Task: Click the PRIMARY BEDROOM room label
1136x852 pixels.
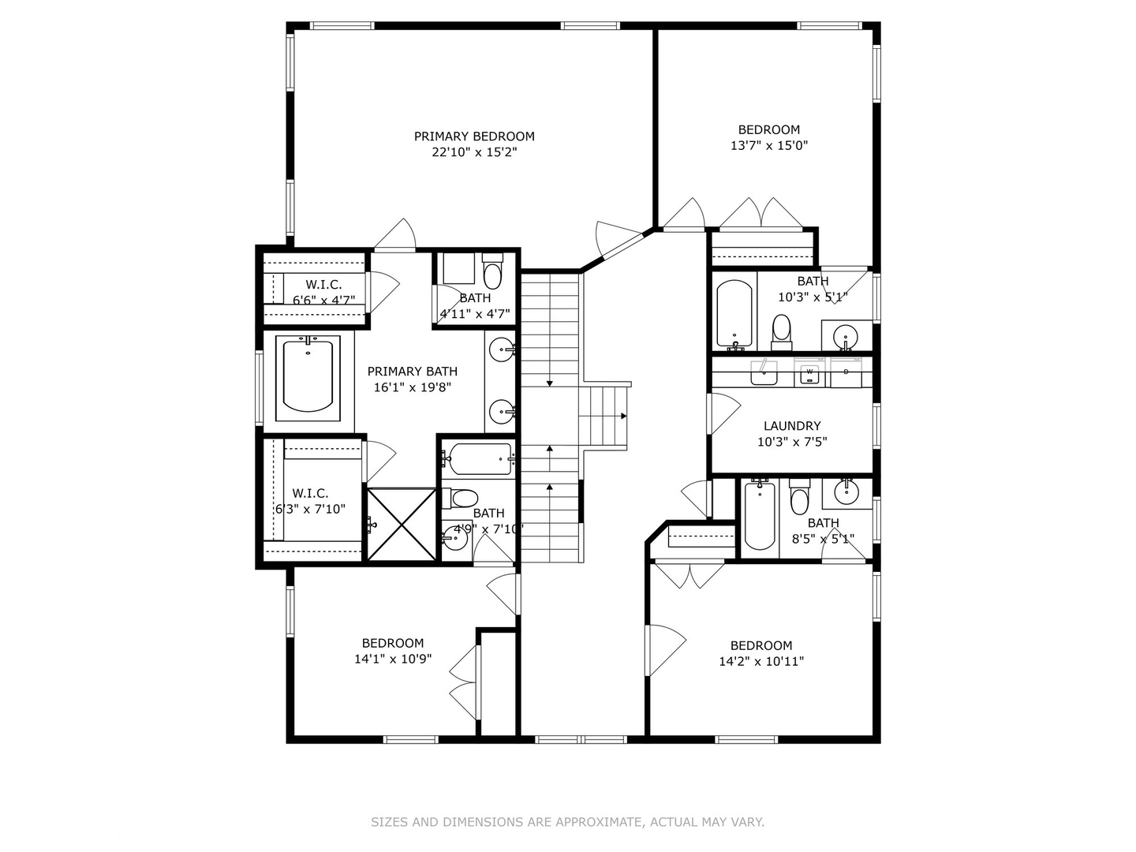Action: [x=474, y=136]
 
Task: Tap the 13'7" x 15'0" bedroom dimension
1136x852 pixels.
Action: [x=768, y=146]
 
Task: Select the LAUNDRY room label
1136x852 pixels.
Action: [x=792, y=426]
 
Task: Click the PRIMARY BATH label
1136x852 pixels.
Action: [x=413, y=372]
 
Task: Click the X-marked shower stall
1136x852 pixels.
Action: [x=402, y=524]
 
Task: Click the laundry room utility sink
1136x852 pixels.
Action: [x=764, y=372]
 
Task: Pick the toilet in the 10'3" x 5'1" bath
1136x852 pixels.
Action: [x=782, y=333]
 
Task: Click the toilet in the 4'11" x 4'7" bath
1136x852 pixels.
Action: [x=492, y=271]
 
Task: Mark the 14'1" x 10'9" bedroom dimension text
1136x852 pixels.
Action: [x=393, y=659]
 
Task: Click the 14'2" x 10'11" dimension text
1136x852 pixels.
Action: [x=761, y=661]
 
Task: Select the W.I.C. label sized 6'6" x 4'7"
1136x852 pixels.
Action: [x=324, y=292]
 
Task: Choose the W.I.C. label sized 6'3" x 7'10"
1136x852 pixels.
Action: [x=310, y=501]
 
